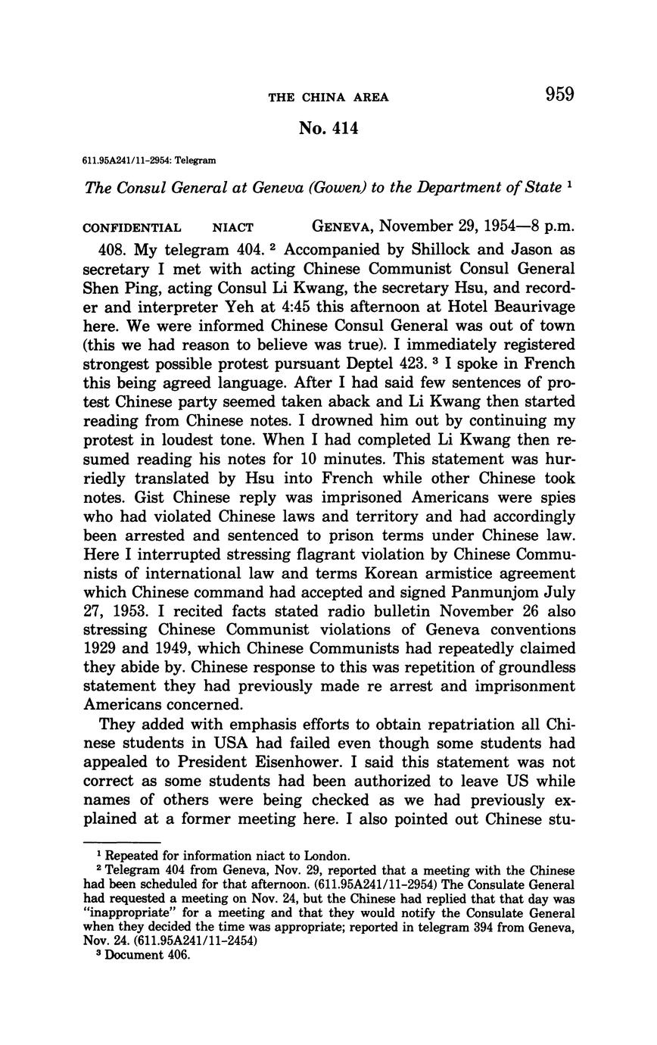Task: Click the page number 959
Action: [559, 95]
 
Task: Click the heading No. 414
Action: [328, 129]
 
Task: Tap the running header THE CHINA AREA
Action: [328, 97]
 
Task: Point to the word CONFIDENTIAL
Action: [132, 227]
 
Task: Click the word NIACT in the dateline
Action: [232, 227]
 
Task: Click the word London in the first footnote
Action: [328, 856]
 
